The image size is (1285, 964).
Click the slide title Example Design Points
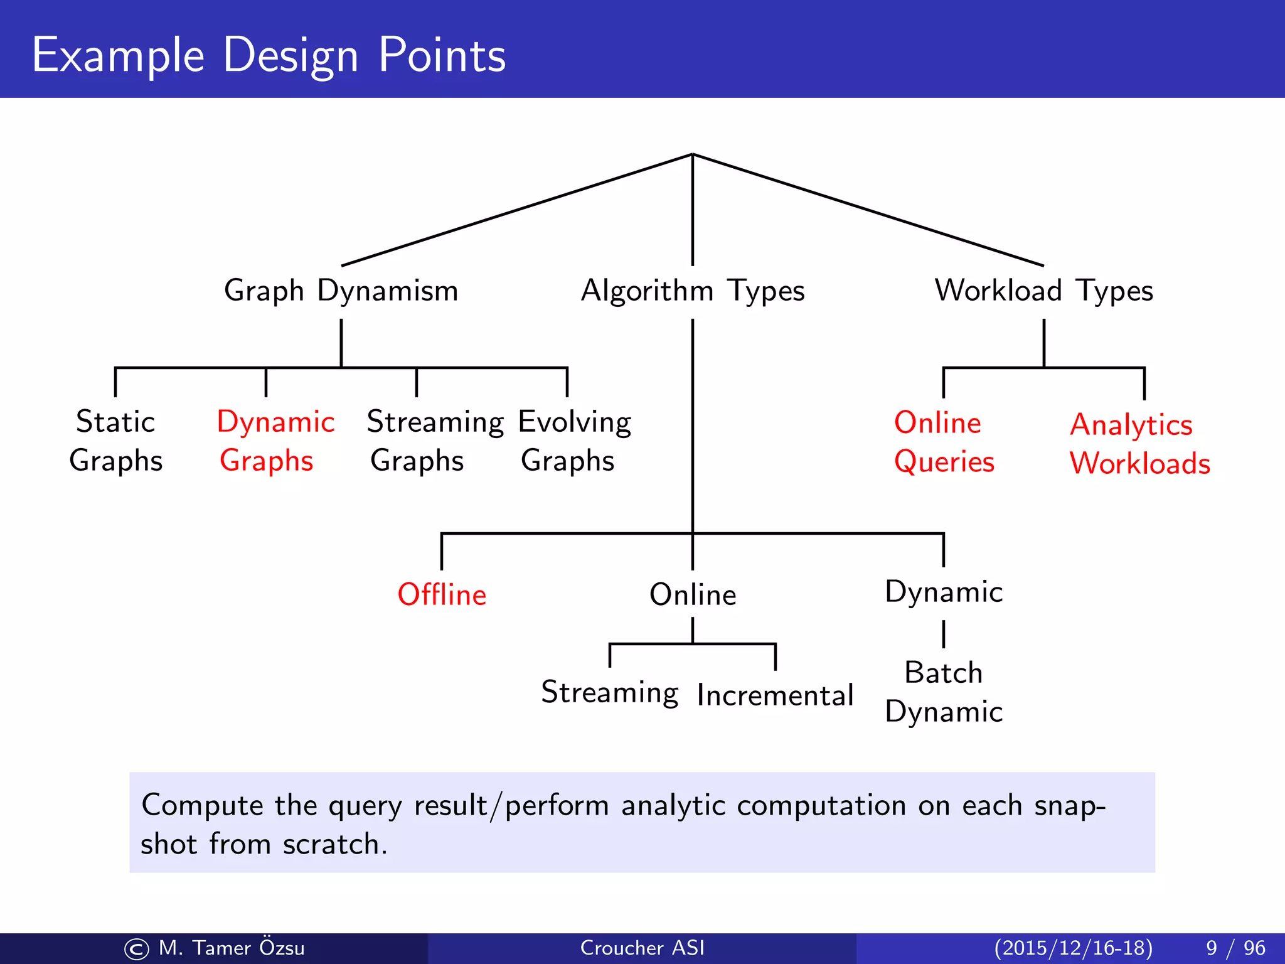pos(269,55)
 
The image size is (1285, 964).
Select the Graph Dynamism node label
pos(341,291)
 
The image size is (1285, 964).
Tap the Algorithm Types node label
pos(692,291)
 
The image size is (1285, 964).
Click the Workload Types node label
pos(1043,291)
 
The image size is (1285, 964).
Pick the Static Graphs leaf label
pos(115,441)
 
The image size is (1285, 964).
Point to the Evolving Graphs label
pos(574,441)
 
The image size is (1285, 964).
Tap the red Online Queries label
pos(943,442)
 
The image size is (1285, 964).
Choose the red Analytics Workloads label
pos(1139,444)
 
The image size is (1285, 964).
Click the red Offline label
pos(442,594)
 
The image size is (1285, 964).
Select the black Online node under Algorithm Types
pos(692,594)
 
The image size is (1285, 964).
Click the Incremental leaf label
pos(775,695)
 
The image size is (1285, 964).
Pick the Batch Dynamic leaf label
pos(943,692)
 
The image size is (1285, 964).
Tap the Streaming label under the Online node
pos(609,692)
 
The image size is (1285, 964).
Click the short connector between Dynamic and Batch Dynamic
pos(943,634)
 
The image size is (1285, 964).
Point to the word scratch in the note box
pos(331,844)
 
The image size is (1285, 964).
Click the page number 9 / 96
pos(1235,948)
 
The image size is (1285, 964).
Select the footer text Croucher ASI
pos(642,948)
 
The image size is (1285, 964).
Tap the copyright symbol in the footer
pos(137,949)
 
